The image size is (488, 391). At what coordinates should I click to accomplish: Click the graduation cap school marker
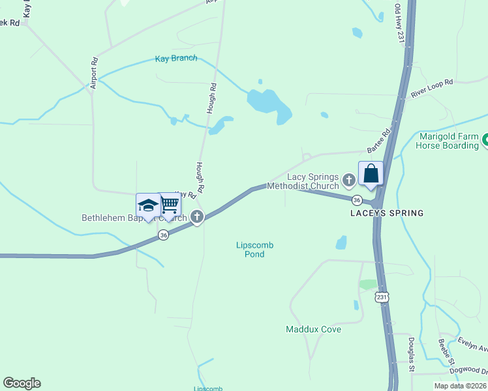pos(148,205)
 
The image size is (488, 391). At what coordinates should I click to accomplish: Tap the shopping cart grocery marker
pos(170,205)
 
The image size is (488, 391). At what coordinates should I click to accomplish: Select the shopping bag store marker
pos(371,174)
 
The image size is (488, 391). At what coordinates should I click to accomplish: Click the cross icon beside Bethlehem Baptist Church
pos(197,218)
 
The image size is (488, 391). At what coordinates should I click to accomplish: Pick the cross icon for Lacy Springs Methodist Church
pos(349,179)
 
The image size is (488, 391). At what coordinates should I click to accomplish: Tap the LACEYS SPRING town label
pos(387,213)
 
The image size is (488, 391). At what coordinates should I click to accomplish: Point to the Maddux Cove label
pos(313,329)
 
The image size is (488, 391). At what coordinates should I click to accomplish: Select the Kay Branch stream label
pos(176,59)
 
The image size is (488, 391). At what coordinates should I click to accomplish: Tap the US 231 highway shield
pos(382,297)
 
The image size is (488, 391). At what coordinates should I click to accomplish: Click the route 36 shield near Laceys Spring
pos(357,199)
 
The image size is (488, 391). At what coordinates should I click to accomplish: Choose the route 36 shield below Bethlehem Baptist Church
pos(163,235)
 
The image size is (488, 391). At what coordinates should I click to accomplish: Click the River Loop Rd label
pos(431,89)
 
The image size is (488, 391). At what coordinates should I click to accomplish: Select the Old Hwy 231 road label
pos(399,23)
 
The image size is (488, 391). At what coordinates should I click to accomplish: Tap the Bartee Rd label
pos(378,141)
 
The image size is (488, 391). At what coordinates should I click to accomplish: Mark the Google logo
pos(22,383)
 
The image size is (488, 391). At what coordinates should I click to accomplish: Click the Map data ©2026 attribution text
pos(460,386)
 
